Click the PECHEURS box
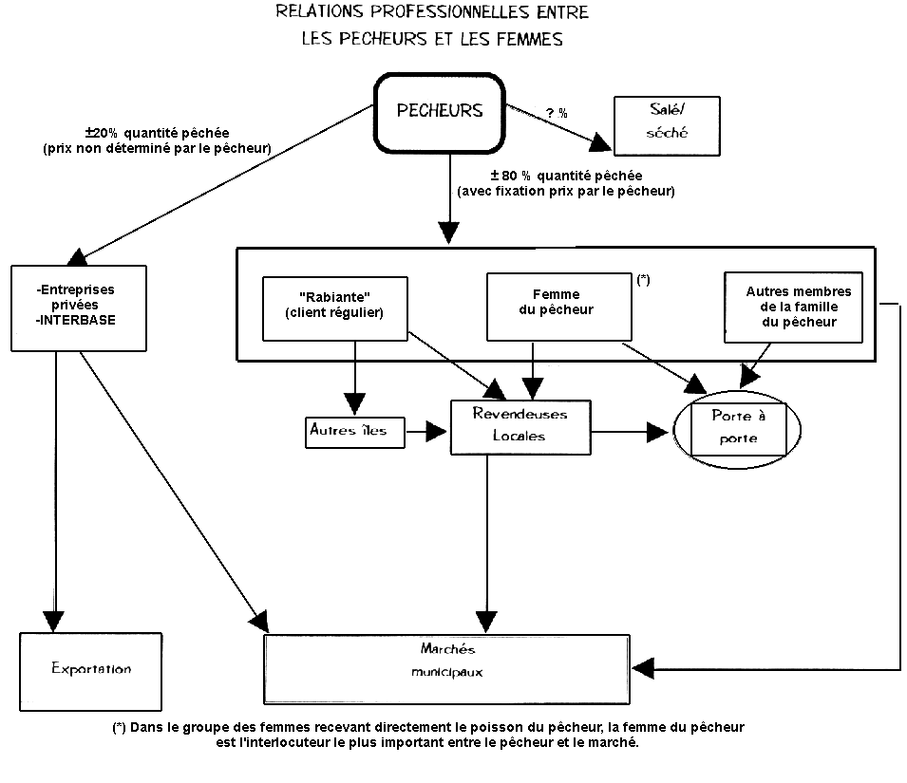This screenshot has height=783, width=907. point(439,111)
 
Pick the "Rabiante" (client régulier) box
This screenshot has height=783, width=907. point(334,308)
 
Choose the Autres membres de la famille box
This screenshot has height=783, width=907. point(792,307)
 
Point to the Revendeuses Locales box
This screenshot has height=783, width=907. point(520,426)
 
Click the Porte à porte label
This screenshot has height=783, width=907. point(738,427)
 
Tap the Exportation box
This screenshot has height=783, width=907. point(91,669)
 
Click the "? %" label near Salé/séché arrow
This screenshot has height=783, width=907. point(557,113)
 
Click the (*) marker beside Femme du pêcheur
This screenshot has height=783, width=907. point(643,280)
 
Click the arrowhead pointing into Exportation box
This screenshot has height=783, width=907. point(55,621)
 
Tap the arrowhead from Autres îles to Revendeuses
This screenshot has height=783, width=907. point(437,432)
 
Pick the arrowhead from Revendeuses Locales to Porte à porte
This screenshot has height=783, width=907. point(658,433)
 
